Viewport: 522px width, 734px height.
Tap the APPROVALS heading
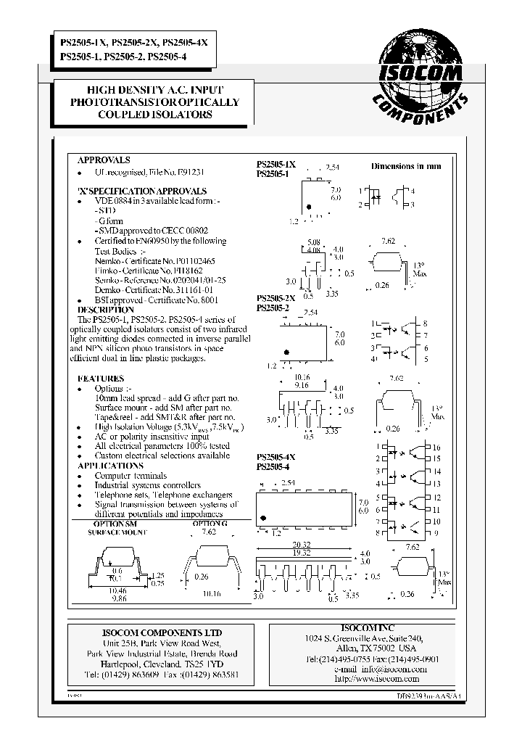click(104, 160)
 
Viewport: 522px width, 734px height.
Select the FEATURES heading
click(101, 379)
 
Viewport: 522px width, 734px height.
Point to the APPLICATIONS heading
click(110, 466)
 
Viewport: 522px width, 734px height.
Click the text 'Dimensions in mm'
click(406, 166)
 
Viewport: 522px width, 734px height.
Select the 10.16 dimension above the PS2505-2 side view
click(302, 377)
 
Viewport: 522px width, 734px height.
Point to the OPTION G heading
click(210, 524)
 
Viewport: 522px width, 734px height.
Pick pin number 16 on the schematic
click(436, 448)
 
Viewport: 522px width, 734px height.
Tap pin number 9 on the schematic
click(436, 534)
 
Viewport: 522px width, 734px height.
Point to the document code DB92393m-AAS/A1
click(419, 695)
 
